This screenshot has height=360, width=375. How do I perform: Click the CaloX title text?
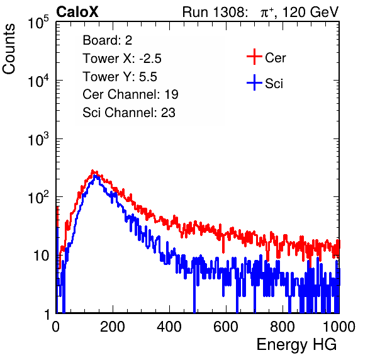pos(77,12)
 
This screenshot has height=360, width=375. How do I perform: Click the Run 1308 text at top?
pos(214,12)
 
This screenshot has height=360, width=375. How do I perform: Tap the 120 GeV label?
pos(311,12)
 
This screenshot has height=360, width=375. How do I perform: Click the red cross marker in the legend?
pos(254,57)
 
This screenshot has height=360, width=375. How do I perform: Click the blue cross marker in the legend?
pos(254,82)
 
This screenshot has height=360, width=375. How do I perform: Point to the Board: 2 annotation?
pos(108,40)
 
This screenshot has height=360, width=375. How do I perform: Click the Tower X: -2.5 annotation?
pos(122,59)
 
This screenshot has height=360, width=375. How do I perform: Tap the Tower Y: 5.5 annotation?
pos(120,77)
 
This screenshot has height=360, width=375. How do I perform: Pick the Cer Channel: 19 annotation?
pos(130,94)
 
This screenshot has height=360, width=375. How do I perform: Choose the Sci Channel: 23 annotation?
pos(129,113)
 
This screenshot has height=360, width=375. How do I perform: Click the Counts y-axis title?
pos(9,49)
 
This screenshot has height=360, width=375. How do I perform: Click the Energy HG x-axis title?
pos(296,344)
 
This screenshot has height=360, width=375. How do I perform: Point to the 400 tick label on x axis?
pos(169,327)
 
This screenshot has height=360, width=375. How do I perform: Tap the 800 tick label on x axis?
pos(283,327)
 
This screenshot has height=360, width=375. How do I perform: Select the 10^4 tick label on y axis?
pos(42,80)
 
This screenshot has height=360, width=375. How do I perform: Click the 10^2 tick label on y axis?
pos(42,196)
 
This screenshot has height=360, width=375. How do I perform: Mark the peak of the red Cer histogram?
pos(92,171)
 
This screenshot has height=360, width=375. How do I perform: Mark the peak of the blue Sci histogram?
pos(95,176)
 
